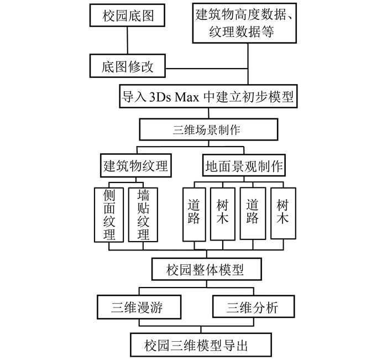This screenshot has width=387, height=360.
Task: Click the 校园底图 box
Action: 127,16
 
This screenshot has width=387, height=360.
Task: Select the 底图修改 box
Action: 127,67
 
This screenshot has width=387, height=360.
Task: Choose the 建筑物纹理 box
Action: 135,165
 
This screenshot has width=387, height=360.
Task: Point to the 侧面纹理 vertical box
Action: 108,215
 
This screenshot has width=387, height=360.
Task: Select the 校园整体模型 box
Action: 205,270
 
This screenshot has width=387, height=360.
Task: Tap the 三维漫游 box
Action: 139,306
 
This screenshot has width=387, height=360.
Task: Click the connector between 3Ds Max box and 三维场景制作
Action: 208,113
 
